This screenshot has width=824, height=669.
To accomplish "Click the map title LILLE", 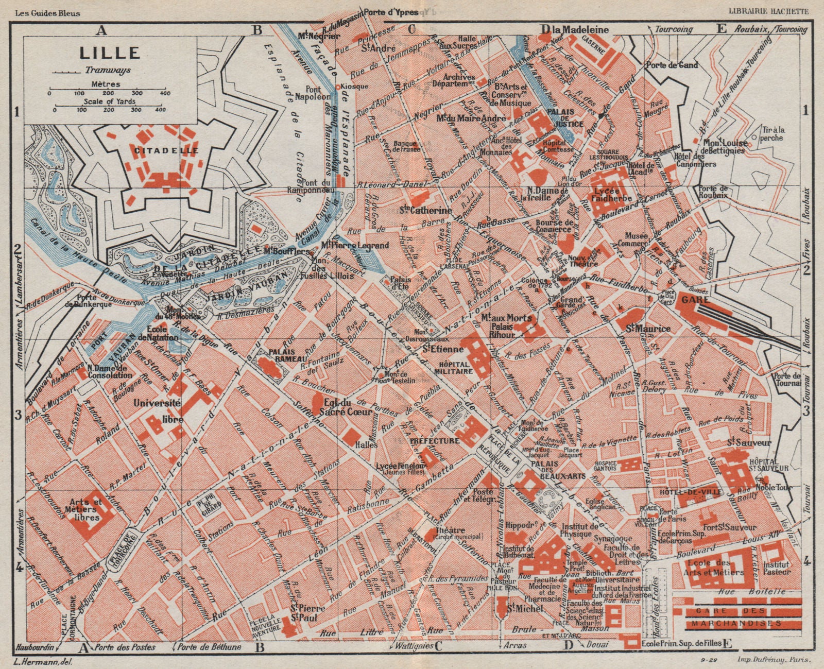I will tap(109, 53).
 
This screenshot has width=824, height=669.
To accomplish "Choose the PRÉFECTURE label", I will tap(434, 441).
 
